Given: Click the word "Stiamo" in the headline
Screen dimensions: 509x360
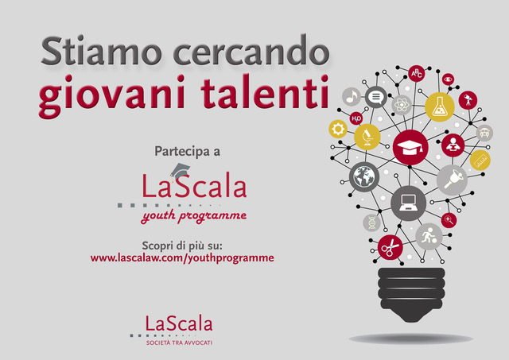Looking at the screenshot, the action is pyautogui.click(x=101, y=51).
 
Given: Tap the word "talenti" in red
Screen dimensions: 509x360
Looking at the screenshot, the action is pyautogui.click(x=265, y=92).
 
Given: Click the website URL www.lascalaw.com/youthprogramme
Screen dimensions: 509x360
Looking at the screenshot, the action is pyautogui.click(x=182, y=258).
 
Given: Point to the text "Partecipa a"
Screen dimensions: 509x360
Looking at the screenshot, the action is pyautogui.click(x=188, y=152).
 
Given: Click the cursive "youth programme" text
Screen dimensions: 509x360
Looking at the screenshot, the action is pyautogui.click(x=194, y=216).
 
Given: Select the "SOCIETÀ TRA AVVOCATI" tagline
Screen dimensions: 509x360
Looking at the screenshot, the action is pyautogui.click(x=179, y=343).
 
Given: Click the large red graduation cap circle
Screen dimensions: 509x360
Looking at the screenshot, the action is pyautogui.click(x=410, y=147).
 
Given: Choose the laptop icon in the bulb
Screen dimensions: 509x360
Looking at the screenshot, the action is pyautogui.click(x=408, y=203).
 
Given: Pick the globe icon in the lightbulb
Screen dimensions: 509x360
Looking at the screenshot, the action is pyautogui.click(x=364, y=176).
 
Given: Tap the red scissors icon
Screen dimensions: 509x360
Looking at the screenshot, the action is pyautogui.click(x=390, y=247).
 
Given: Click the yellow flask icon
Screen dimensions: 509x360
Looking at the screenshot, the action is pyautogui.click(x=440, y=107).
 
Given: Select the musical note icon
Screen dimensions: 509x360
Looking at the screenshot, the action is pyautogui.click(x=352, y=96).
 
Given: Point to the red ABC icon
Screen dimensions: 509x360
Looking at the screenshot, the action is pyautogui.click(x=417, y=73).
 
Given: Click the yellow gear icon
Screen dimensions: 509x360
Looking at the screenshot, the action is pyautogui.click(x=338, y=129).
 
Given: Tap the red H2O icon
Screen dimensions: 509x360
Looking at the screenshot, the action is pyautogui.click(x=356, y=118).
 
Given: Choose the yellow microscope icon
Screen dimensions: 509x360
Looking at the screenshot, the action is pyautogui.click(x=367, y=137).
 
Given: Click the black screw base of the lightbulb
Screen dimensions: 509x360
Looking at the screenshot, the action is pyautogui.click(x=411, y=294).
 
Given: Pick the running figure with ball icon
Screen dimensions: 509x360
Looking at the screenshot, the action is pyautogui.click(x=429, y=237).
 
